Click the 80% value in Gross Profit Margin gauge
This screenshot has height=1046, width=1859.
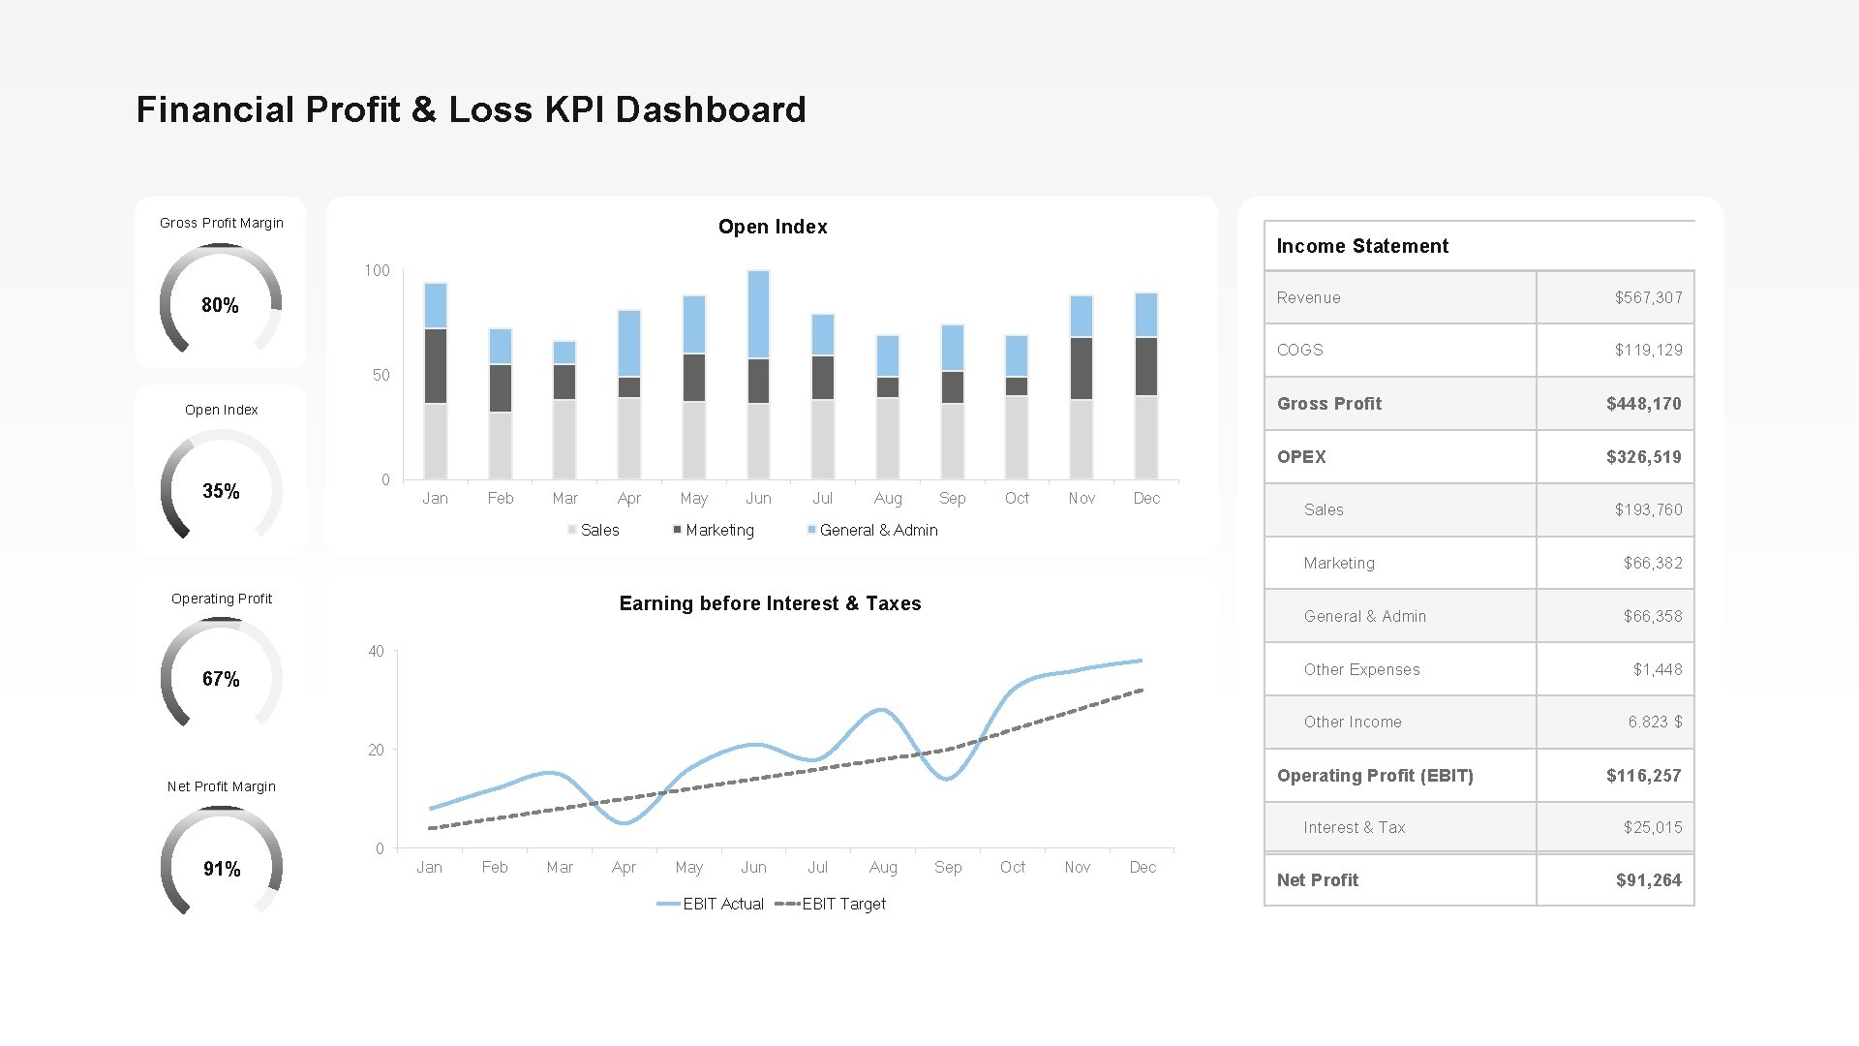tap(220, 305)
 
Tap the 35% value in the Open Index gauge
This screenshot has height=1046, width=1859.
tap(221, 491)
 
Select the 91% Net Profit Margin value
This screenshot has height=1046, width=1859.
tap(222, 869)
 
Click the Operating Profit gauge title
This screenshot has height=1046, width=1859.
tap(222, 599)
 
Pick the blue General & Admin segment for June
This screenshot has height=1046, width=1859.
tap(759, 314)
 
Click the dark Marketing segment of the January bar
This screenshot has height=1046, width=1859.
tap(436, 365)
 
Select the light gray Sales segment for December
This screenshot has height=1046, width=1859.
tap(1146, 437)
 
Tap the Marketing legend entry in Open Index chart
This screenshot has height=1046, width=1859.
tap(718, 530)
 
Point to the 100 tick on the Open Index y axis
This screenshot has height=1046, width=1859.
tap(377, 270)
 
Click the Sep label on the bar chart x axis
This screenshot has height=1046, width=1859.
tap(952, 498)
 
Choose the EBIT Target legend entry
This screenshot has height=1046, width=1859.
tap(842, 904)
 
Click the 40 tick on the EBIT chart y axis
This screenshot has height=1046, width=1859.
tap(376, 651)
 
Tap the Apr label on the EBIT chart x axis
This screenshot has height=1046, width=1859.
tap(624, 867)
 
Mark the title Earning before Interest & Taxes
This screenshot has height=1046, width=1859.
tap(770, 603)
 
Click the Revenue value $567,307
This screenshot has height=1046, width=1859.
tap(1648, 297)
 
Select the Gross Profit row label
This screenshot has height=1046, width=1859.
tap(1328, 404)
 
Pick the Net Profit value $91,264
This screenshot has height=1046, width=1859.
tap(1648, 880)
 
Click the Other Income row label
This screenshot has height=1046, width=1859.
tap(1352, 722)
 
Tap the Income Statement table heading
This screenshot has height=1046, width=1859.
tap(1361, 246)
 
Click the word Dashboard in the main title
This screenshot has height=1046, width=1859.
tap(710, 109)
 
